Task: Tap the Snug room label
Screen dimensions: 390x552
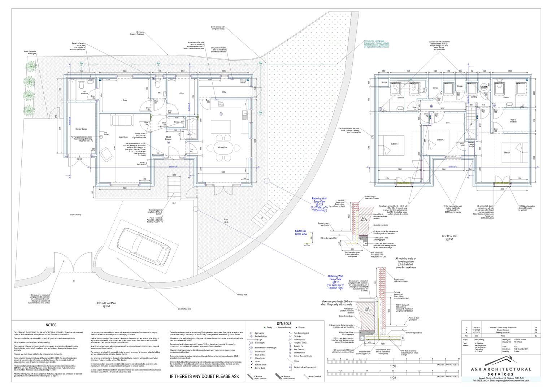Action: pos(124,100)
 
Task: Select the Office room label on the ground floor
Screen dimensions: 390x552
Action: pos(182,94)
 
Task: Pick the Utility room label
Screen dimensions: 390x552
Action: pos(224,92)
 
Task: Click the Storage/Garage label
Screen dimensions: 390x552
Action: pos(81,129)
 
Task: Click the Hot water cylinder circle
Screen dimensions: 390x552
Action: pos(483,87)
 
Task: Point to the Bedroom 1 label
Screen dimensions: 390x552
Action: pos(508,153)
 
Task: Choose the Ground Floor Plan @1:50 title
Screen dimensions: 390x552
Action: pos(106,304)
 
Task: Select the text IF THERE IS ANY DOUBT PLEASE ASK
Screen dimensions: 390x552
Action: pos(204,376)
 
